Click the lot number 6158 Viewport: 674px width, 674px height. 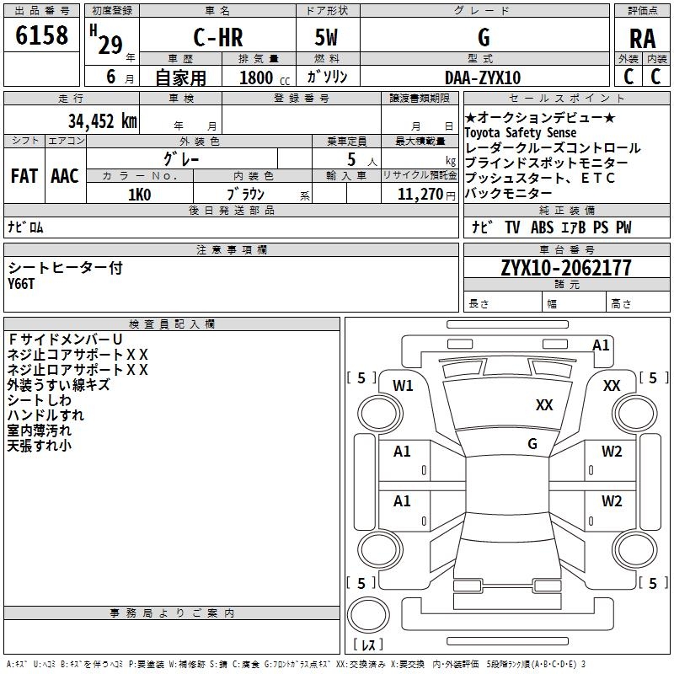point(41,36)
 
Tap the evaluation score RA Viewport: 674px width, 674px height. point(643,39)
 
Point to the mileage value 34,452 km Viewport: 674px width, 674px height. point(102,121)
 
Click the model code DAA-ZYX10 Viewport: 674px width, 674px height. point(483,78)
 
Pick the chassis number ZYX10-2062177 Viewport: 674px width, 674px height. point(566,268)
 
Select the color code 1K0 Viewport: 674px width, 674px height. point(139,195)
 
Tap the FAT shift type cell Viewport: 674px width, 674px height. point(24,176)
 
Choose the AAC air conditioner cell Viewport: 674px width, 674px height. point(65,176)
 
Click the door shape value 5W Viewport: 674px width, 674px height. point(326,39)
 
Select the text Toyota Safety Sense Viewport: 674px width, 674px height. point(521,133)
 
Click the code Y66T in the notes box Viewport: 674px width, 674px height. point(23,284)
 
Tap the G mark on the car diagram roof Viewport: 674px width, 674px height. point(532,443)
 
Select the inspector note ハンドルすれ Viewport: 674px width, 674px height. point(45,415)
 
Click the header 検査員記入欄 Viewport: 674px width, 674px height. point(172,324)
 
